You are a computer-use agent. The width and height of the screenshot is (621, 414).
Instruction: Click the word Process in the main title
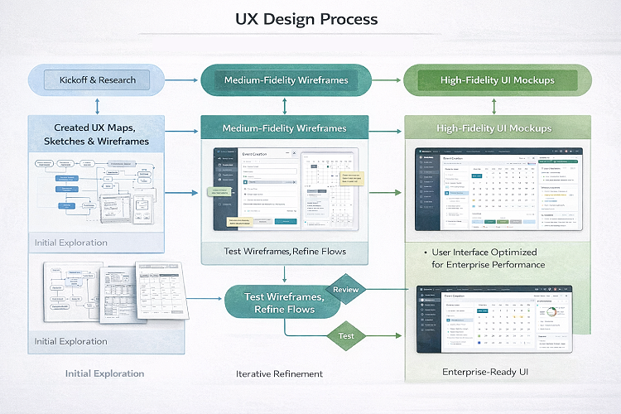point(344,19)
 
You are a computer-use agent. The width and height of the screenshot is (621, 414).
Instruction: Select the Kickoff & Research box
point(98,80)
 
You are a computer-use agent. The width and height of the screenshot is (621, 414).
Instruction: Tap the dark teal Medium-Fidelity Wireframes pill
point(285,80)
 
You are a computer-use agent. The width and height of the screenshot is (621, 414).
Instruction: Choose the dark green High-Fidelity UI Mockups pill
point(497,80)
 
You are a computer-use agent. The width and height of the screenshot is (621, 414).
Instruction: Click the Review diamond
point(345,290)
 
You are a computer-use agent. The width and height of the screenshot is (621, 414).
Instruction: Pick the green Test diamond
point(346,336)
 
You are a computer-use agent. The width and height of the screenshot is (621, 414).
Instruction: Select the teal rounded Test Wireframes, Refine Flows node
point(279,303)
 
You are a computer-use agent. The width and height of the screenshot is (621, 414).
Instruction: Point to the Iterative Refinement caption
point(280,373)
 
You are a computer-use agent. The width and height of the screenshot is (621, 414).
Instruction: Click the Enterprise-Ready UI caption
point(485,373)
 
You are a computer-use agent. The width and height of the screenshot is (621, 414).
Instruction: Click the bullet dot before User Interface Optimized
point(425,252)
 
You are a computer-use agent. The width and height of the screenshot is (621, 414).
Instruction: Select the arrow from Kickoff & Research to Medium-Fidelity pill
point(182,80)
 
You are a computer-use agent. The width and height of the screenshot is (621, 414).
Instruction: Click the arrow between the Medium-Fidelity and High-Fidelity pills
point(386,80)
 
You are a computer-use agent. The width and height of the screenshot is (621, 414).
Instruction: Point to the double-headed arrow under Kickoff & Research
point(98,105)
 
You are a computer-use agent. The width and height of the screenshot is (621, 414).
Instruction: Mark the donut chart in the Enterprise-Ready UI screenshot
point(547,314)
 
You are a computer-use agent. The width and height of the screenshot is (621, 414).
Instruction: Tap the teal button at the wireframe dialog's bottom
point(286,221)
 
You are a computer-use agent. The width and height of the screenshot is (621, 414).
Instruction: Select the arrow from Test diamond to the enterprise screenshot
point(389,336)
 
